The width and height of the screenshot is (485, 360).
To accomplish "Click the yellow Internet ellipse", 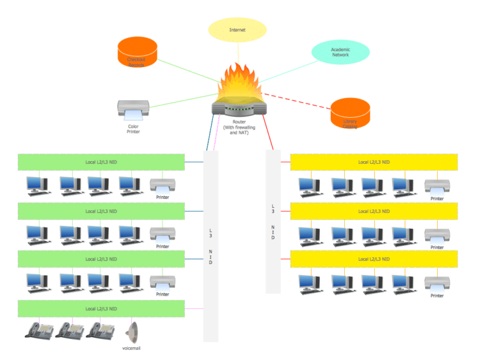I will click(x=237, y=30).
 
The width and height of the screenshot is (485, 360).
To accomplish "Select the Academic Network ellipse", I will click(x=340, y=52).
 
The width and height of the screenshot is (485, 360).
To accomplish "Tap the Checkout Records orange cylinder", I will click(x=137, y=53).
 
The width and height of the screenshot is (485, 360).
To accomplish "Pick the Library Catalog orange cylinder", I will click(x=350, y=114).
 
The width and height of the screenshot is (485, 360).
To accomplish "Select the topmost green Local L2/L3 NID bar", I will click(x=101, y=162).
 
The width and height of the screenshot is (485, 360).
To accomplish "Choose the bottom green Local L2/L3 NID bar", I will click(x=101, y=309).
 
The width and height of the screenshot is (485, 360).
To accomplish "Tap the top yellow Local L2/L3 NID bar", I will click(x=374, y=162).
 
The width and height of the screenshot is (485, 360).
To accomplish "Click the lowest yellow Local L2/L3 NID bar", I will click(x=374, y=258).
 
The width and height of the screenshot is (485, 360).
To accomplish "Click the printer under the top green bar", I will click(x=163, y=185).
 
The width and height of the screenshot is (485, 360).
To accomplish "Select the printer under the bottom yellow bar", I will click(x=436, y=283).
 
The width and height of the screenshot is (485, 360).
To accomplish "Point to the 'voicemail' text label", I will click(x=131, y=348).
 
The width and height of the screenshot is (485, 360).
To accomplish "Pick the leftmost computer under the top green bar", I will click(x=36, y=185).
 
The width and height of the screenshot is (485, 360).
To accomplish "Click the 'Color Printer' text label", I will click(x=133, y=129).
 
